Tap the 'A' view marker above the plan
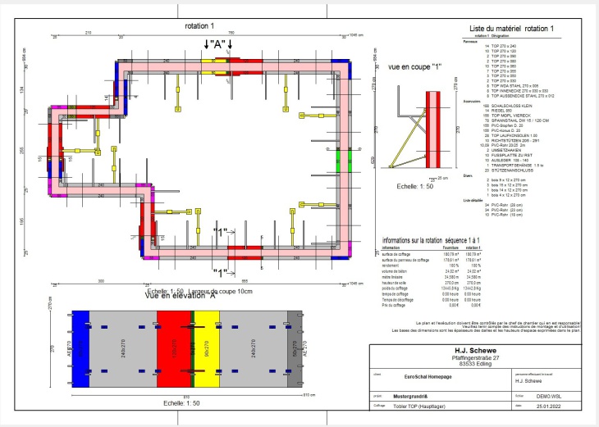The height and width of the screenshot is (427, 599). (218, 43)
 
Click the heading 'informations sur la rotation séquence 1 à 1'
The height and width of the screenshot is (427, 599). (432, 241)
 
